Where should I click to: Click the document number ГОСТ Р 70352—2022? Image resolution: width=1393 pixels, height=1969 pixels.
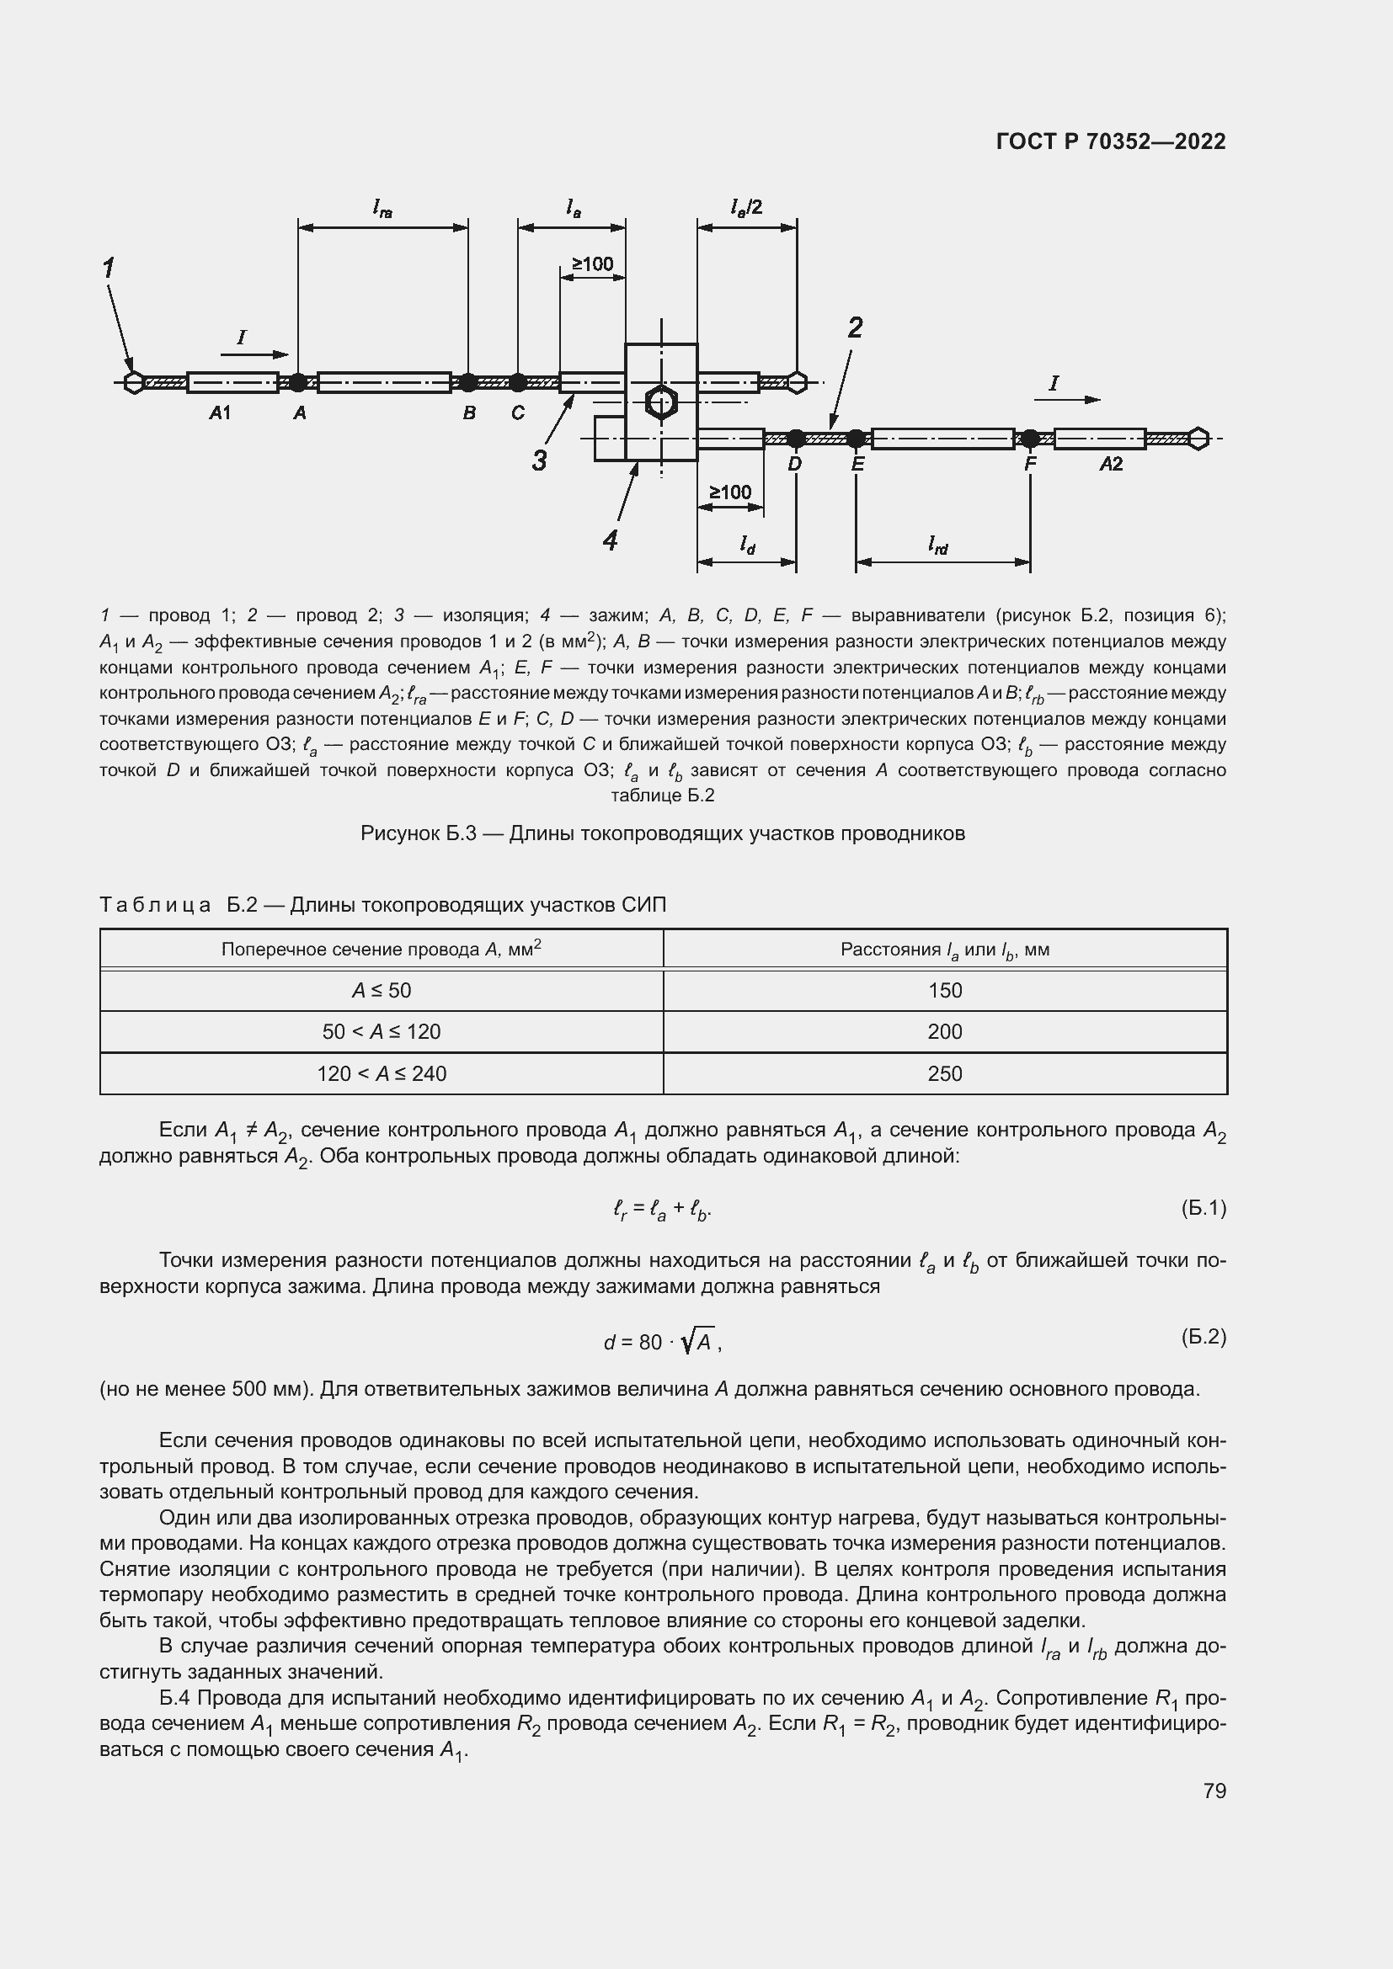(1111, 141)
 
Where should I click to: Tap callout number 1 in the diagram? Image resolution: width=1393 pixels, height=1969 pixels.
(109, 269)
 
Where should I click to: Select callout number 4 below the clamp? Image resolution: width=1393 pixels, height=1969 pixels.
(610, 540)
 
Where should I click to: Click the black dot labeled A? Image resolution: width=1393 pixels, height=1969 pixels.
(297, 382)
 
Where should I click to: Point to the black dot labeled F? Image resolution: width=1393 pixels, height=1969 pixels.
(1030, 439)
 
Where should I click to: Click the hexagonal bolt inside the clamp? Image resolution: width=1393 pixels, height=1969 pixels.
(660, 402)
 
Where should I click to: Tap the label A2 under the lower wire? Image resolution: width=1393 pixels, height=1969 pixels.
(1111, 464)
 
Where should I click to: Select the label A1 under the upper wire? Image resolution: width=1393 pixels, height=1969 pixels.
(220, 413)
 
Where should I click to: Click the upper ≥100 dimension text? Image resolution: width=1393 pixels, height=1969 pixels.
(592, 264)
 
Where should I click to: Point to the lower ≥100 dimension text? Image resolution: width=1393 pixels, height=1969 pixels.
(730, 492)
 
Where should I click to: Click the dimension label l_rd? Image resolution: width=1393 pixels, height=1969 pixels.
(938, 545)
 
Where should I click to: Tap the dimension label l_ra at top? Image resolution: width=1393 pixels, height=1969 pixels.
(382, 208)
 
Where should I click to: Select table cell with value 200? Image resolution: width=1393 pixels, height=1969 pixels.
(944, 1032)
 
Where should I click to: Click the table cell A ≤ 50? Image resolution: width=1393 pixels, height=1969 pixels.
(382, 991)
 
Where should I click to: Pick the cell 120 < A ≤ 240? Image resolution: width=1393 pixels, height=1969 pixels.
(382, 1073)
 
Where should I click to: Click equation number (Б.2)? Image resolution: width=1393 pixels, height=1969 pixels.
(1204, 1336)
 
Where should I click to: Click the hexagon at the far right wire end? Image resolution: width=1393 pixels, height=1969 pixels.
(1198, 439)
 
